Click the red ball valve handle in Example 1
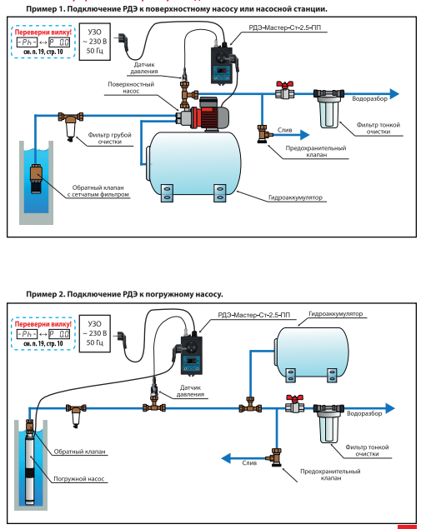[284, 84]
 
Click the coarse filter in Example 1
[71, 126]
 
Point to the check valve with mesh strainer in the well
[36, 178]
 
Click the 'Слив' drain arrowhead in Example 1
[304, 135]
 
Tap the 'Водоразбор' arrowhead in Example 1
[394, 94]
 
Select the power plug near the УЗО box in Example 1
[123, 42]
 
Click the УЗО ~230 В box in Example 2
[95, 333]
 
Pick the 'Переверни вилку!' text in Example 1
[43, 32]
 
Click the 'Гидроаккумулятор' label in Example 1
[295, 197]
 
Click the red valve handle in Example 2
[294, 399]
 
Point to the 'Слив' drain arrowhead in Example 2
[226, 458]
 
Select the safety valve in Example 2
[275, 457]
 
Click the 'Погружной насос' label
[79, 479]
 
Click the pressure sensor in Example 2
[154, 389]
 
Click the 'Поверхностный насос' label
[131, 87]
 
